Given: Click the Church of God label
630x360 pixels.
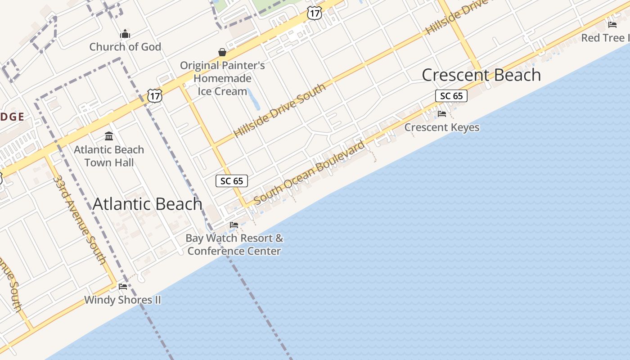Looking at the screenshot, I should [125, 47].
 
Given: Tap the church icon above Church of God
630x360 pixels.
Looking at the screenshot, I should [125, 34].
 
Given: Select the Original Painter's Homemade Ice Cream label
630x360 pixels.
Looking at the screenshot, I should [222, 78].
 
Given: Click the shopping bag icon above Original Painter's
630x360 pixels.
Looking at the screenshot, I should [222, 53].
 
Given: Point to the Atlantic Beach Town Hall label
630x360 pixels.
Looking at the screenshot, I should [109, 156].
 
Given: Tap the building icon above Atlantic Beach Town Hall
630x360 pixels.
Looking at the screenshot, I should [109, 136].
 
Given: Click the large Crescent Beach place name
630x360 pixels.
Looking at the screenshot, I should [481, 75].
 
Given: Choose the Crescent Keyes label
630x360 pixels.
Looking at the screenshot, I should [441, 127].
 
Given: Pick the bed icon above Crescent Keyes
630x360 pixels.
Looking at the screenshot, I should [442, 114].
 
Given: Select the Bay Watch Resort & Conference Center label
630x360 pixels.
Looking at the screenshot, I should [234, 244].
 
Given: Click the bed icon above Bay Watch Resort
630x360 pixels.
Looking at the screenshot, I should [234, 225].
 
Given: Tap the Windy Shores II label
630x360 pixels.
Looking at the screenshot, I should [122, 300].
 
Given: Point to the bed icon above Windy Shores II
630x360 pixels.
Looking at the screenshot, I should [122, 286].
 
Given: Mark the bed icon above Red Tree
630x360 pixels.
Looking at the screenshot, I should [612, 24].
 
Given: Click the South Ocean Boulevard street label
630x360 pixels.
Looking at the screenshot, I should [309, 173].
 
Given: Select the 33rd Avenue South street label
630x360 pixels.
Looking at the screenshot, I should [79, 219].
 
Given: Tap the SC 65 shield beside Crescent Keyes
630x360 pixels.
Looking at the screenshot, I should [451, 96].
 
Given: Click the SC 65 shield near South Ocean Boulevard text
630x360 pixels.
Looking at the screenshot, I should [232, 181].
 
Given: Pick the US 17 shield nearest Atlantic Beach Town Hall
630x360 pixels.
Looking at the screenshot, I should [154, 95].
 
